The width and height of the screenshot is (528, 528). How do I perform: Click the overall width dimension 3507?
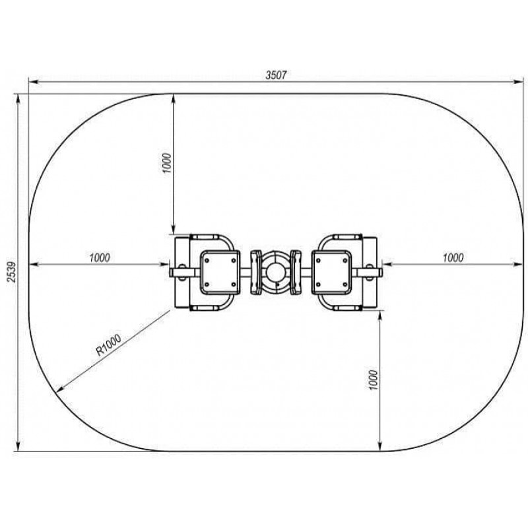[x=276, y=75]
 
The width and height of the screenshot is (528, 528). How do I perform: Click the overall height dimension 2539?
[x=11, y=272]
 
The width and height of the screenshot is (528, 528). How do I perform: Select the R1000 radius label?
[x=108, y=345]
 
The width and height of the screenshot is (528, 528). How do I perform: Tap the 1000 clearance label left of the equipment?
[x=100, y=257]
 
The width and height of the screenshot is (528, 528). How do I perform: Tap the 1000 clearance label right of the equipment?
[x=453, y=257]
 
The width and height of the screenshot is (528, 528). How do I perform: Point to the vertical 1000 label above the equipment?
[x=167, y=163]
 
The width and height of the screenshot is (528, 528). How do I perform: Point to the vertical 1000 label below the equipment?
[x=374, y=380]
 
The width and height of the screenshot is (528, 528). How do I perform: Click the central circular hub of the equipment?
[x=275, y=272]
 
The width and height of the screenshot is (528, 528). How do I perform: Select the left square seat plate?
[x=220, y=272]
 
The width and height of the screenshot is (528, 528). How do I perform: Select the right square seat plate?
[x=331, y=272]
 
